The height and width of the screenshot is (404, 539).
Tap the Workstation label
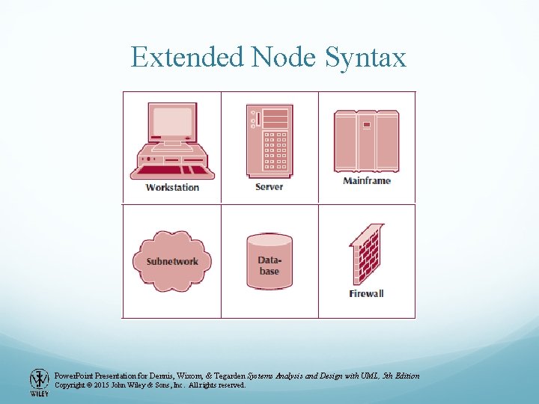(x=172, y=187)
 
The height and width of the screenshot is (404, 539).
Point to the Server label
(x=269, y=186)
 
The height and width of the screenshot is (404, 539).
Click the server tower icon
(x=269, y=141)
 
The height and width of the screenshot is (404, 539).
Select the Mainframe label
(x=367, y=180)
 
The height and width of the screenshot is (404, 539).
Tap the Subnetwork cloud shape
(x=172, y=261)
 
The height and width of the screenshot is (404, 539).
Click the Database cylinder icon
(x=269, y=261)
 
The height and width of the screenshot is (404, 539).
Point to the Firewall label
(x=366, y=293)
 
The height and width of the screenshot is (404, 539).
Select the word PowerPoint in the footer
(x=75, y=376)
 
